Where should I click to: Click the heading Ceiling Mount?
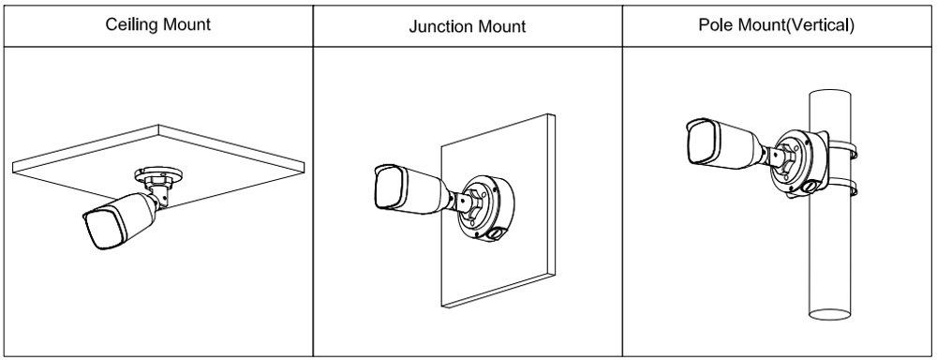[157, 24]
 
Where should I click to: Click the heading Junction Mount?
[468, 26]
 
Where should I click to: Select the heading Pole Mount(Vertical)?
[776, 24]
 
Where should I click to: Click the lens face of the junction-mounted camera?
[390, 187]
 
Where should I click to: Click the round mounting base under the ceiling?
[158, 176]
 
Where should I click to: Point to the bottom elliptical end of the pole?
[830, 315]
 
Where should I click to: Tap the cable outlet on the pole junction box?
[810, 187]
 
